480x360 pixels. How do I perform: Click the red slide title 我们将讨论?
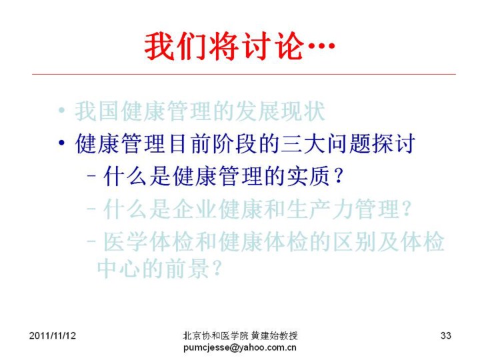coord(224,46)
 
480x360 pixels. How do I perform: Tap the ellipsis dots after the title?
coord(321,46)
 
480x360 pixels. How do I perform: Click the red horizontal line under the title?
coord(244,74)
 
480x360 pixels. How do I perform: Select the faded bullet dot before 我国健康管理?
coord(62,110)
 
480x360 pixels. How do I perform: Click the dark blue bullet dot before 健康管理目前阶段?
coord(62,143)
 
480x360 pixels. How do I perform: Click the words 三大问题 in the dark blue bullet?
coord(325,143)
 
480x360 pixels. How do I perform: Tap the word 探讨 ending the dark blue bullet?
coord(393,143)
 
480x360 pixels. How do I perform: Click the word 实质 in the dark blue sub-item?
coord(309,176)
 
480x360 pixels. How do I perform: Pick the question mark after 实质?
coord(338,177)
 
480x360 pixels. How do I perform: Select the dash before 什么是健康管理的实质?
coord(91,176)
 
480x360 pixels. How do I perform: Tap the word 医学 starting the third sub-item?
coord(125,241)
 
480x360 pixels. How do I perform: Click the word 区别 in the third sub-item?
coord(354,241)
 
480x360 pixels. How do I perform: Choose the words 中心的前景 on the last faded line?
coord(153,269)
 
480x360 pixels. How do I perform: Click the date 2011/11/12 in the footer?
coord(53,336)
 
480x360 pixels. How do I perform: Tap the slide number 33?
coord(446,335)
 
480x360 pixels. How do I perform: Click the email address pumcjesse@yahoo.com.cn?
coord(240,348)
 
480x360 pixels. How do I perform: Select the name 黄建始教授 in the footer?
coord(274,336)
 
